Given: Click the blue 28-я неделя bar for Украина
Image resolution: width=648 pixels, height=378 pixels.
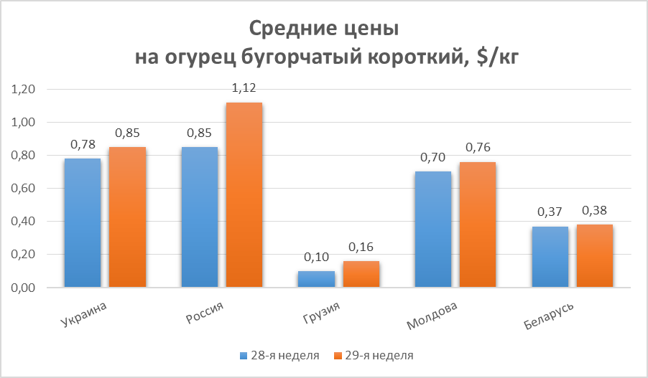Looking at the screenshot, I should [82, 222].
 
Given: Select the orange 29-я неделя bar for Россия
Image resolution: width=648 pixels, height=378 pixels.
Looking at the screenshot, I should [244, 194].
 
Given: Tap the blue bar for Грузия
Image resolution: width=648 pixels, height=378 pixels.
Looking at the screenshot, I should [316, 279].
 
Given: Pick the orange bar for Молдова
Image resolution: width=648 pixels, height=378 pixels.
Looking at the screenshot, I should [477, 225].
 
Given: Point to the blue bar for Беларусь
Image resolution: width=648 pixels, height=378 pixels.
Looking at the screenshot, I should [549, 257].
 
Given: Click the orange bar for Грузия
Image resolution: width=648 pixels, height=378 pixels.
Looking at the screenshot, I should [361, 274].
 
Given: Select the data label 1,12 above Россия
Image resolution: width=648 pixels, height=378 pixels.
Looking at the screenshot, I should [244, 88].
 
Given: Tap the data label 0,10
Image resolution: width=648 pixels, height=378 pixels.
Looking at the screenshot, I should [316, 257].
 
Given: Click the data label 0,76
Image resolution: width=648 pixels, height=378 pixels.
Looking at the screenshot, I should [477, 148].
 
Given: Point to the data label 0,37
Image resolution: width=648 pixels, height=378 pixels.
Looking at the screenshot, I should [549, 212].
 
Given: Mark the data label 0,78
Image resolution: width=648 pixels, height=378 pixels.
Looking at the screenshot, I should [82, 144].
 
